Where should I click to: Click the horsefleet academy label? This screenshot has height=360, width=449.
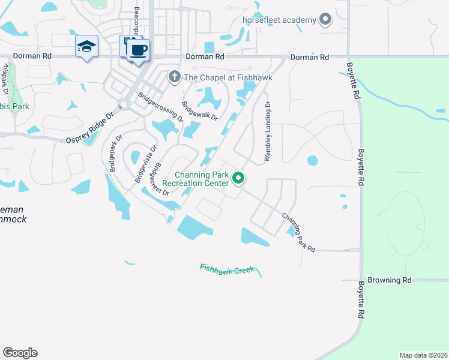coord(279,20)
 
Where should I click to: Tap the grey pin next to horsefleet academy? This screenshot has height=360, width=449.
coord(325,20)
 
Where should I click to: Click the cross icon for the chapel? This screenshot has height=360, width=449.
coord(174,76)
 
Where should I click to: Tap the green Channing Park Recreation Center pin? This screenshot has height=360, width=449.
coord(238,178)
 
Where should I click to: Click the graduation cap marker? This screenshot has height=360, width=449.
coord(86,46)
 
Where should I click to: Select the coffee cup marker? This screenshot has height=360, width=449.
coord(139,50)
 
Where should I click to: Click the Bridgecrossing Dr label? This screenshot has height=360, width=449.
coord(160,106)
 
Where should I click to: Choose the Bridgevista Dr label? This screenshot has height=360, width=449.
coord(145,164)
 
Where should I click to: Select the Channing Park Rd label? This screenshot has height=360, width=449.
coord(298,231)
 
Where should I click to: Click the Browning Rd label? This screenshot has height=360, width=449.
coord(390,280)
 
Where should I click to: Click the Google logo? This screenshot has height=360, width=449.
coord(20,352)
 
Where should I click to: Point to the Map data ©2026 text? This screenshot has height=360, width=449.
coord(423,355)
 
